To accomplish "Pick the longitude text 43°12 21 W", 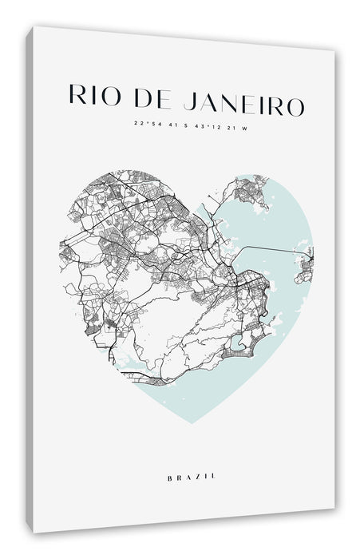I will (216, 125).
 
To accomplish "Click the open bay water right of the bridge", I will (279, 224).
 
